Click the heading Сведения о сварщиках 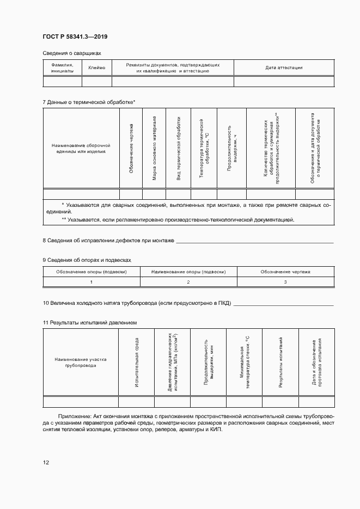click(72, 53)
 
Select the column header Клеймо click(96, 68)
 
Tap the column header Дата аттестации click(284, 68)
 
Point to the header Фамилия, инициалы click(62, 68)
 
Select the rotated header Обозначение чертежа click(131, 149)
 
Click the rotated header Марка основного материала click(154, 148)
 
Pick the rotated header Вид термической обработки click(178, 148)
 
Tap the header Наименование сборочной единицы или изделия click(81, 149)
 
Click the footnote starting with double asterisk click(178, 220)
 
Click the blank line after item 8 click(255, 241)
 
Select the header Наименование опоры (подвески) click(188, 271)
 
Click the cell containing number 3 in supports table click(285, 282)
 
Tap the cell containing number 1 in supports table click(91, 282)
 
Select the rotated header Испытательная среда click(136, 362)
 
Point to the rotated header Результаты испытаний click(280, 362)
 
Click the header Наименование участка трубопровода click(81, 363)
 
